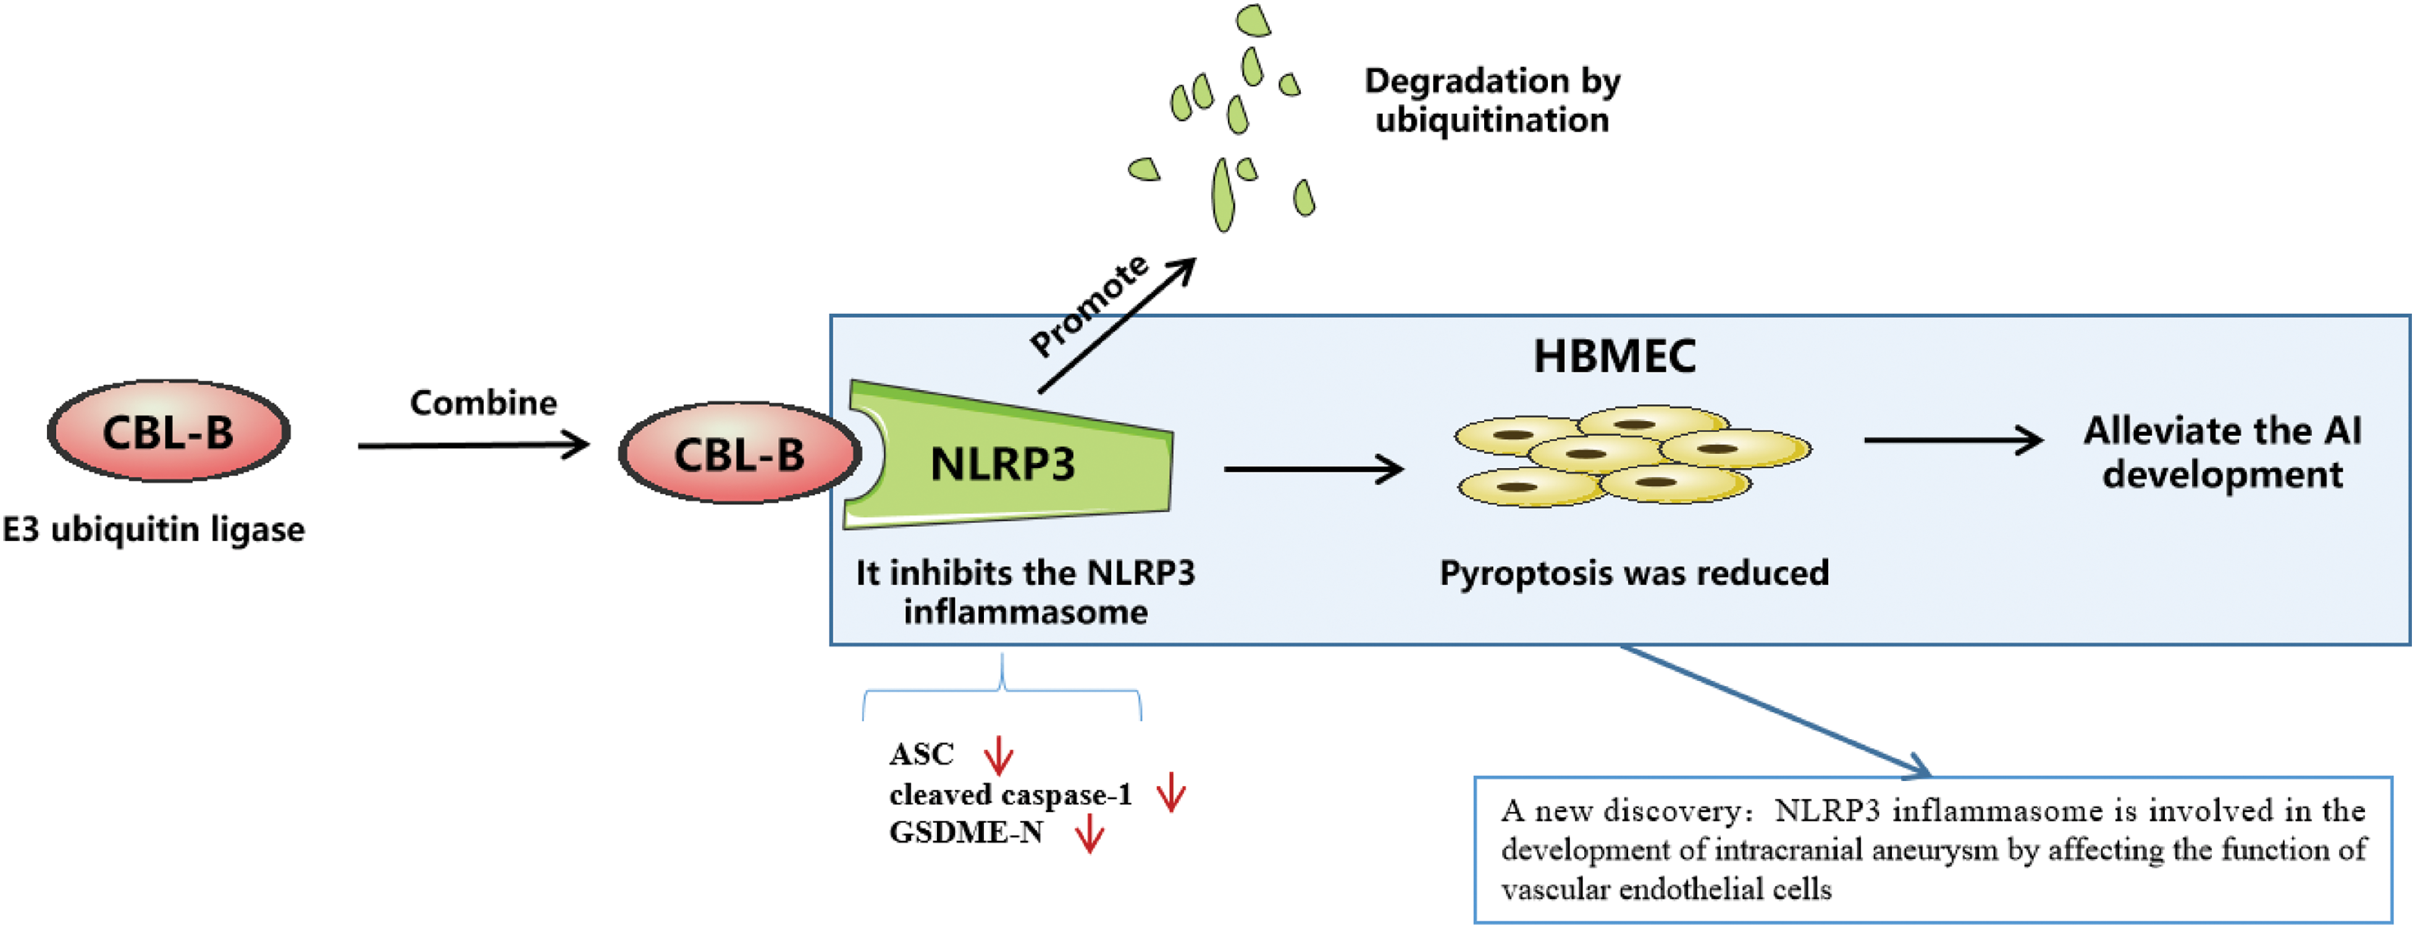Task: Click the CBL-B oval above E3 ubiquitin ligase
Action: (x=169, y=431)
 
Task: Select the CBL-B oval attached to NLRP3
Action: (x=739, y=454)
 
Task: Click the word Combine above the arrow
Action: (x=483, y=403)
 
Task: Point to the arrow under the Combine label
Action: (x=474, y=445)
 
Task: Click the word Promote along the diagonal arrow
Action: (x=1090, y=306)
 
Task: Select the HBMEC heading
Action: (x=1615, y=356)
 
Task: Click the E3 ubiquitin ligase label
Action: (x=154, y=530)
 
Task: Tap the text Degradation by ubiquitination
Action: (x=1492, y=100)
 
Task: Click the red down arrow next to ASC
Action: (x=999, y=755)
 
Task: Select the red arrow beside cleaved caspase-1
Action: (x=1171, y=792)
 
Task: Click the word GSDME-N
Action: (x=965, y=832)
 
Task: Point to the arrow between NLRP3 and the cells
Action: (x=1312, y=469)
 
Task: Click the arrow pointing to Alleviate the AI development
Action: (x=1953, y=440)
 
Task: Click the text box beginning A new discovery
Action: (x=1933, y=849)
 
